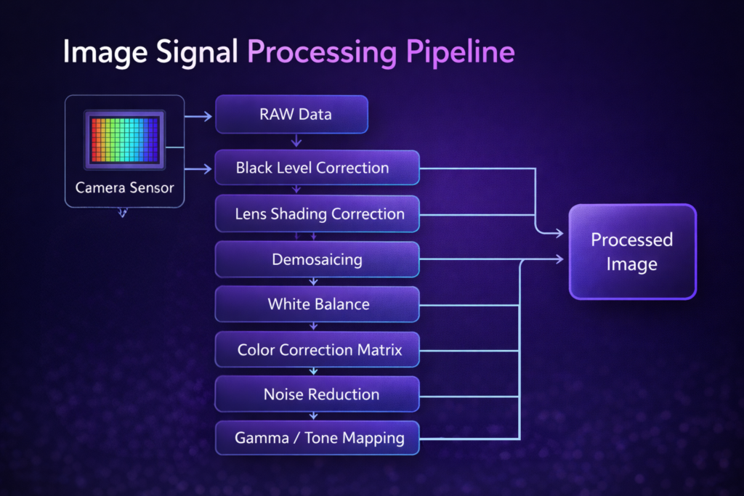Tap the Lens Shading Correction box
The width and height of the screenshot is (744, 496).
318,214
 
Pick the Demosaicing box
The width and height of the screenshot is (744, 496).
318,259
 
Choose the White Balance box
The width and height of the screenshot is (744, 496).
318,304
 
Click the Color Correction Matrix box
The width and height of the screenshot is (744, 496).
318,350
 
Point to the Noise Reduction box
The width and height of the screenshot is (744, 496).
318,394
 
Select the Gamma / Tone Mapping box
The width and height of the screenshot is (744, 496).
318,439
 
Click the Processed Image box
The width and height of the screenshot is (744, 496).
631,251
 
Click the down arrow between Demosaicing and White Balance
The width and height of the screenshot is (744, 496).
314,281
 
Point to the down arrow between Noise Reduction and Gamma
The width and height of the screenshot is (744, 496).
314,416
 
